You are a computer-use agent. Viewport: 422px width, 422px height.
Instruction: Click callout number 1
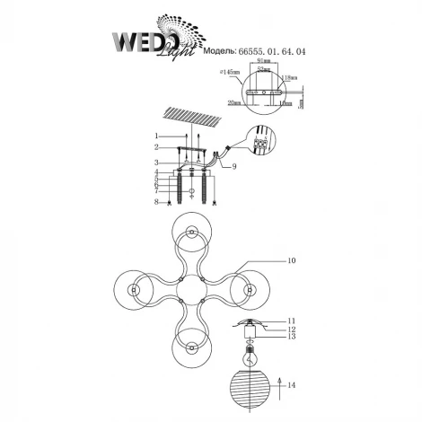155,136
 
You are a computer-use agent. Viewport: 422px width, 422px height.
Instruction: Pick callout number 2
155,146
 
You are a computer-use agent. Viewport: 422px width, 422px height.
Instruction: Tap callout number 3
155,162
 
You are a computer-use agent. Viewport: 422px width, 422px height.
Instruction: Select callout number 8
155,204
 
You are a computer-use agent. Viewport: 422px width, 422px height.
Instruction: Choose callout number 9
235,166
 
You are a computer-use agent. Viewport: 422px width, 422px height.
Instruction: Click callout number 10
292,261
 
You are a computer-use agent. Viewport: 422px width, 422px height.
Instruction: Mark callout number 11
292,320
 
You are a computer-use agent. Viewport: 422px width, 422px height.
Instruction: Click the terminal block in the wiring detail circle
261,143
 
